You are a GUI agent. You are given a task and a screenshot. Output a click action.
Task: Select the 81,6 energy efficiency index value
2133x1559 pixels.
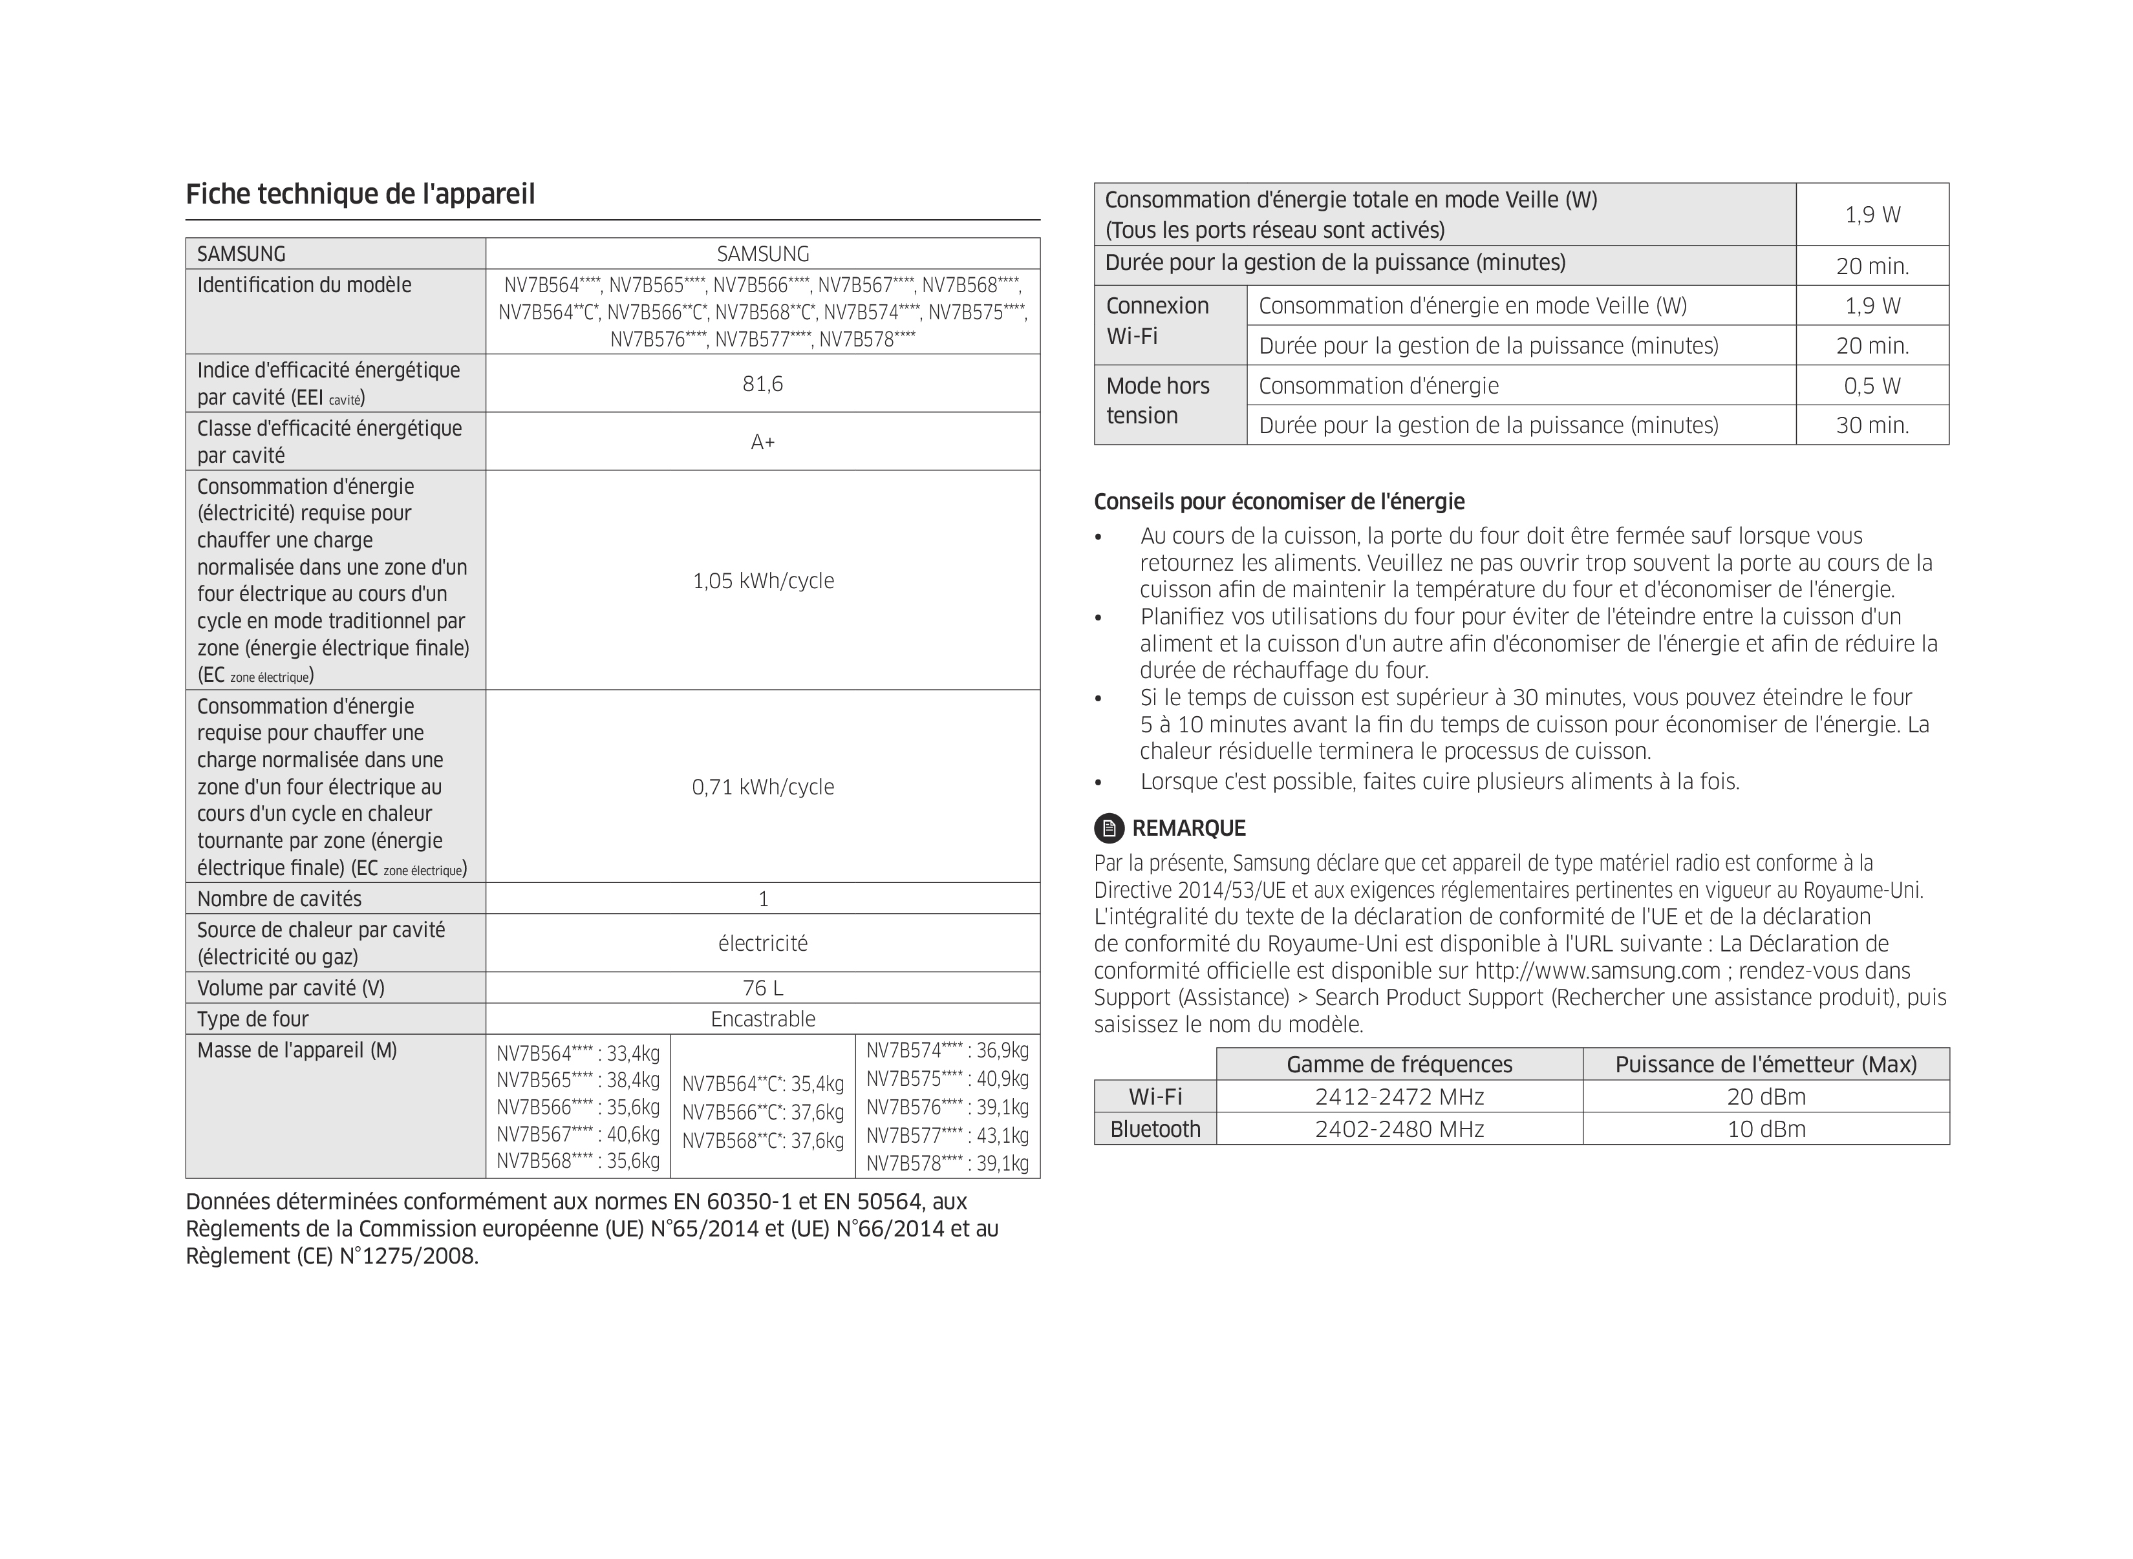click(762, 383)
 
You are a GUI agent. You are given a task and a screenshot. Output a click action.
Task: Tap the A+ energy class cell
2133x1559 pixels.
click(762, 441)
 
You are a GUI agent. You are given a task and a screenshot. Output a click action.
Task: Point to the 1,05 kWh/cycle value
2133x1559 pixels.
click(762, 580)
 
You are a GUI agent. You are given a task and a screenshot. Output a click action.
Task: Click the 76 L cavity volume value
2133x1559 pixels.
click(762, 988)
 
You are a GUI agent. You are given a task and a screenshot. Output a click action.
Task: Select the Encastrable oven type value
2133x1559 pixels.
click(762, 1019)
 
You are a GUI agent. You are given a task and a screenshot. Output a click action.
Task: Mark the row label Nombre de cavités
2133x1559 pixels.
click(279, 898)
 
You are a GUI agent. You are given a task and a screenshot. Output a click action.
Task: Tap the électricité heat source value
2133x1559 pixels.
click(762, 943)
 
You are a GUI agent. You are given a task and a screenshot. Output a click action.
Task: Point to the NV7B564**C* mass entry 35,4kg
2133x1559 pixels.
click(762, 1083)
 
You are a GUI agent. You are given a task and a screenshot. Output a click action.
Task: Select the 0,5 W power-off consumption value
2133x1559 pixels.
click(1872, 386)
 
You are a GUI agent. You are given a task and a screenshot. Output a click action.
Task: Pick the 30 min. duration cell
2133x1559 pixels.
click(1872, 425)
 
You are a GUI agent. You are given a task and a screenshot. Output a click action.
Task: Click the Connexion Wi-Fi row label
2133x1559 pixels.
click(1157, 321)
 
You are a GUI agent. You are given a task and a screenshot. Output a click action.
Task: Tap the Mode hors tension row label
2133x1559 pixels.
click(1157, 401)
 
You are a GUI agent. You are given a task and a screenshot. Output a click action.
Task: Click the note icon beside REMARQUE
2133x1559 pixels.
click(1108, 829)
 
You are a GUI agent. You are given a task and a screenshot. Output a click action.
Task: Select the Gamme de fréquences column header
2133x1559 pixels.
click(1399, 1065)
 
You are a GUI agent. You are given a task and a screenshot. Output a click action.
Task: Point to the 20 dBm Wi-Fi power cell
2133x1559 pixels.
click(1765, 1097)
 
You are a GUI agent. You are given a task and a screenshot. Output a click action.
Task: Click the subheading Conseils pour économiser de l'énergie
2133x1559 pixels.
click(1279, 501)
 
